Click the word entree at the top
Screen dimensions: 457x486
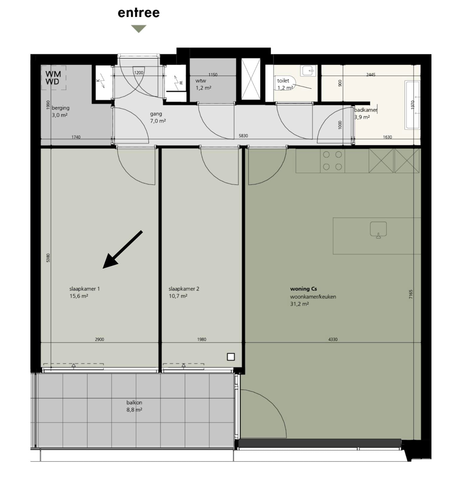point(138,13)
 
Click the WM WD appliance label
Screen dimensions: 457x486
point(53,78)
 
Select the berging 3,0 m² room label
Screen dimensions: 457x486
point(60,111)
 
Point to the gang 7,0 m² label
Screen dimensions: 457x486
point(158,117)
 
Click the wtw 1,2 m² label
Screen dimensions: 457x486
point(203,84)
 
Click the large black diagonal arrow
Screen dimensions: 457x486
point(123,250)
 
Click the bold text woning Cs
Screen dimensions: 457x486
point(303,289)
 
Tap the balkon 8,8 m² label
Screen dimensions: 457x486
point(134,406)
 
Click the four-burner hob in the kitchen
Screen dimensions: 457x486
point(332,161)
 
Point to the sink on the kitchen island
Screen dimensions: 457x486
point(378,230)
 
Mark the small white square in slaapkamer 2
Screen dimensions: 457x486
point(231,357)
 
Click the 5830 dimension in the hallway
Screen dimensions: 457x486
point(243,136)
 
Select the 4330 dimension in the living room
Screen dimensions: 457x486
point(333,339)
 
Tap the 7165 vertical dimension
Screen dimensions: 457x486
point(411,294)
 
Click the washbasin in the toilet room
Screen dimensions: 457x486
point(308,71)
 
